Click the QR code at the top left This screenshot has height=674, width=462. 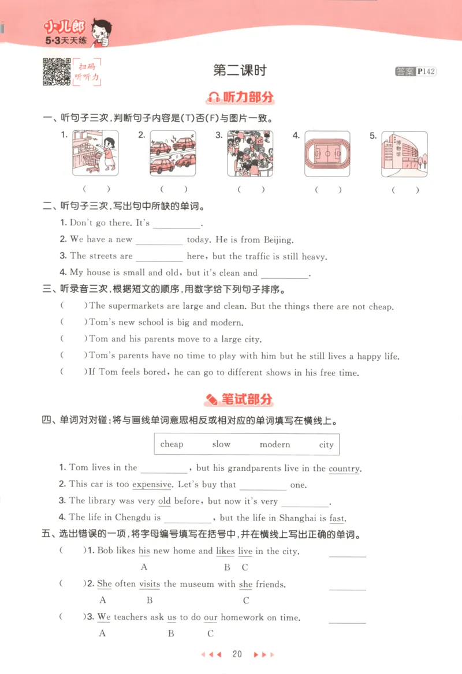(57, 72)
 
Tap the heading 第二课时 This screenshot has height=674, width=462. (240, 70)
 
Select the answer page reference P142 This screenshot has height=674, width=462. (426, 72)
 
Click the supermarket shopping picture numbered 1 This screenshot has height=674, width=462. (95, 153)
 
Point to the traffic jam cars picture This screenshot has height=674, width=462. (173, 153)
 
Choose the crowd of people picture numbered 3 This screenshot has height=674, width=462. (250, 153)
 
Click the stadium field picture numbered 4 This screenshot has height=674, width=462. (327, 153)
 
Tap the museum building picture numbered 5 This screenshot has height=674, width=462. (404, 153)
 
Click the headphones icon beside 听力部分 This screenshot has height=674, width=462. (214, 97)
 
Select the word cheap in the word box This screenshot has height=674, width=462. (172, 444)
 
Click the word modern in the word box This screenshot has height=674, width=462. (275, 444)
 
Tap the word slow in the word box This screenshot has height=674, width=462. (221, 444)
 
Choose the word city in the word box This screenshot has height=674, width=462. (326, 445)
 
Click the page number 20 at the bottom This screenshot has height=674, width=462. (237, 654)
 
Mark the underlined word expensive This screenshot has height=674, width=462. (152, 485)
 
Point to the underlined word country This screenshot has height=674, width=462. (344, 469)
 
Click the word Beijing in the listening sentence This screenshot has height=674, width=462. (278, 239)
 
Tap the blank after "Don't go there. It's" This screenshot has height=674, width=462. (176, 224)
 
